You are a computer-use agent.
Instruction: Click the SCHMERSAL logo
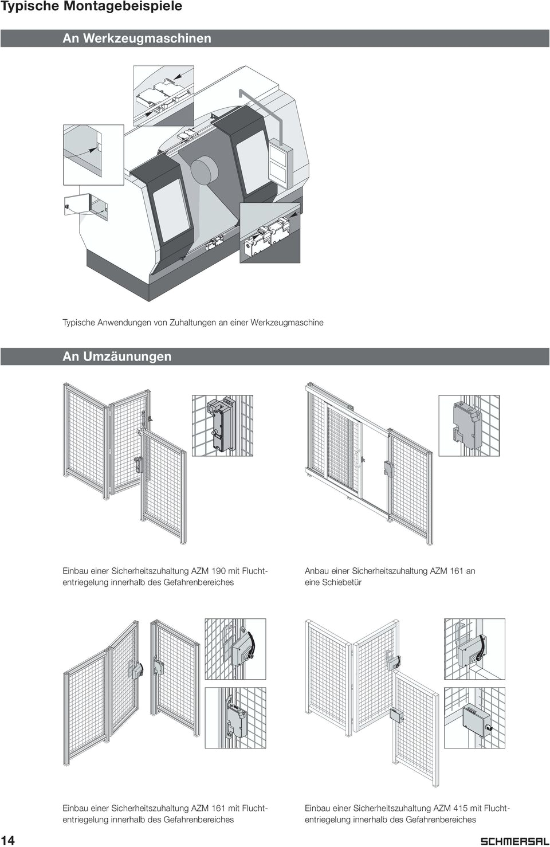[514, 840]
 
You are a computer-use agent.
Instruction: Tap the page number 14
[7, 840]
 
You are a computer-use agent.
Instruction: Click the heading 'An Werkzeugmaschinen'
[137, 38]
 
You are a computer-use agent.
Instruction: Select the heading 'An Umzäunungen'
[117, 356]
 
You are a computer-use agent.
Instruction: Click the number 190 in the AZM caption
[218, 571]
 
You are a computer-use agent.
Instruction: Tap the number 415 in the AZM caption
[460, 808]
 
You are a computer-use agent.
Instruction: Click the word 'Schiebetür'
[341, 582]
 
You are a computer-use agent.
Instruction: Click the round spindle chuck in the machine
[204, 171]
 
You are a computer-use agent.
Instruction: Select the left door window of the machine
[171, 210]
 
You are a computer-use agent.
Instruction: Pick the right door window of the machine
[253, 162]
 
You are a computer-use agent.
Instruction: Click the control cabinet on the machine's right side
[280, 163]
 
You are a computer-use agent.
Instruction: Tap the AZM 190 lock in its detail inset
[222, 425]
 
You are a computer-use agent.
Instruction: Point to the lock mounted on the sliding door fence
[388, 469]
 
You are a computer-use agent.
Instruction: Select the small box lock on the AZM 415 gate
[395, 715]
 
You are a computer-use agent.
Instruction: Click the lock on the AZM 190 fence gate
[138, 464]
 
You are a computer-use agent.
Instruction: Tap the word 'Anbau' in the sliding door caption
[317, 571]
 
